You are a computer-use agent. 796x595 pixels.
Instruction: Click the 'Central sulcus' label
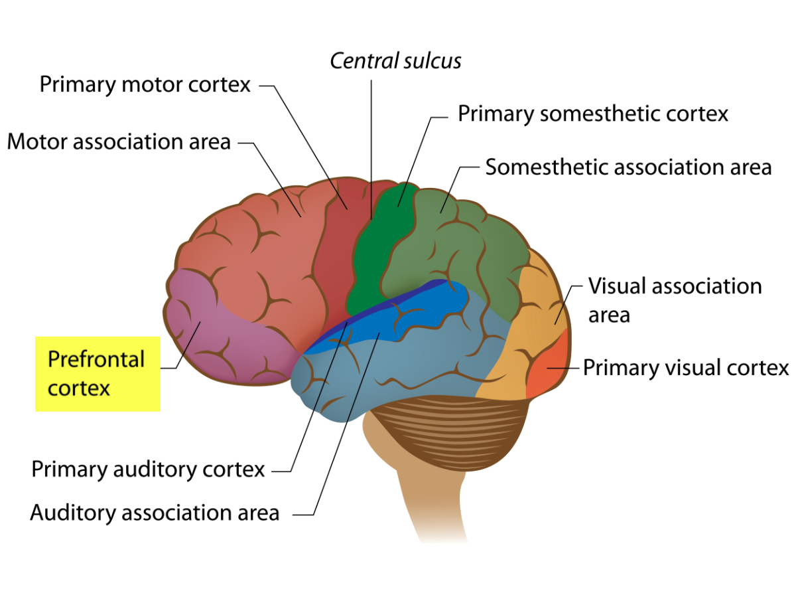click(x=395, y=61)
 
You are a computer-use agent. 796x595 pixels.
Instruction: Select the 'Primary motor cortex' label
click(x=145, y=84)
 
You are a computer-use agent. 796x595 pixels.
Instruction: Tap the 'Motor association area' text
click(x=119, y=141)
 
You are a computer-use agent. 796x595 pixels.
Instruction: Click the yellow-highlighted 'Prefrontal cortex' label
click(x=97, y=373)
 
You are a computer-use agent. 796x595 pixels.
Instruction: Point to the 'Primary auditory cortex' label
click(x=148, y=469)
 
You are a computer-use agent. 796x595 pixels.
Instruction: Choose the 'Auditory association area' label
click(x=155, y=513)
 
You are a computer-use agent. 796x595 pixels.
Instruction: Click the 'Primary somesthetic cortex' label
click(x=593, y=114)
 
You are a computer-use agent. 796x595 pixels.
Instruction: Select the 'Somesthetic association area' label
click(x=628, y=167)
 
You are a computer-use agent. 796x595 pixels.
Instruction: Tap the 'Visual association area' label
click(x=675, y=299)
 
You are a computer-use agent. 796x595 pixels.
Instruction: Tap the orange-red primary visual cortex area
click(x=547, y=369)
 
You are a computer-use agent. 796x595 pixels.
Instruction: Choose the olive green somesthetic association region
click(x=464, y=246)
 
